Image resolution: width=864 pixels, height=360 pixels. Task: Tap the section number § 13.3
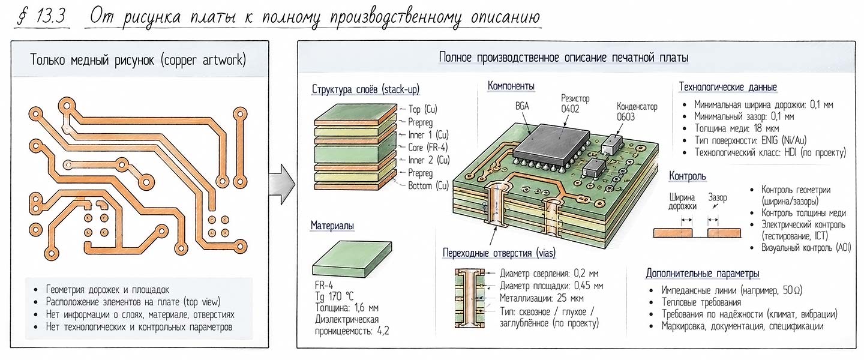click(42, 17)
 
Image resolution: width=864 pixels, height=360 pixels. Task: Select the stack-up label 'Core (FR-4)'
click(428, 148)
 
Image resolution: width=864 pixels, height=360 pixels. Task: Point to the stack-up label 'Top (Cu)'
click(423, 109)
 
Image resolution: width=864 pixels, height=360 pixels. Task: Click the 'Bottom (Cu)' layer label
click(428, 185)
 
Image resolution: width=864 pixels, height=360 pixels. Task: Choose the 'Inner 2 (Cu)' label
click(429, 160)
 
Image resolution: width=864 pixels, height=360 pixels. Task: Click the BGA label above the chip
click(522, 106)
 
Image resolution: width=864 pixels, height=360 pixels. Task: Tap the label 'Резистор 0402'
click(575, 104)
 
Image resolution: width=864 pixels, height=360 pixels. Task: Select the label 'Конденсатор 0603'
click(637, 112)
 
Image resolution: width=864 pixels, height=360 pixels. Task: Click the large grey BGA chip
click(551, 143)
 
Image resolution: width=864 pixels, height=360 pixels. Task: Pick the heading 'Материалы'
click(332, 226)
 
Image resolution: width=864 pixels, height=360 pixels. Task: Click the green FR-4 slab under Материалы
click(352, 259)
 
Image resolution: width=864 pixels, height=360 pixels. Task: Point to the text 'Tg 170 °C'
click(334, 296)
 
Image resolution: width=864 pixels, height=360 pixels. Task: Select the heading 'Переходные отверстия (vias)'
click(499, 253)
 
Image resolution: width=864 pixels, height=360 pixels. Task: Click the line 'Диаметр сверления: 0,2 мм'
click(549, 274)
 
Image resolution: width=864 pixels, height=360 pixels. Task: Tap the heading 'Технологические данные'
click(727, 87)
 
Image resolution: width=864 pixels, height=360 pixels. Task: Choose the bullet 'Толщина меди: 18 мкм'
click(737, 128)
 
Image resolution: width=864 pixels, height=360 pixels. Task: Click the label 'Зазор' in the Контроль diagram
click(718, 197)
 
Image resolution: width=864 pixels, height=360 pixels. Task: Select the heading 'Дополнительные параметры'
click(703, 274)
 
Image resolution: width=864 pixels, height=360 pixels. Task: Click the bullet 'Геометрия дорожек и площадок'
click(107, 289)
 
